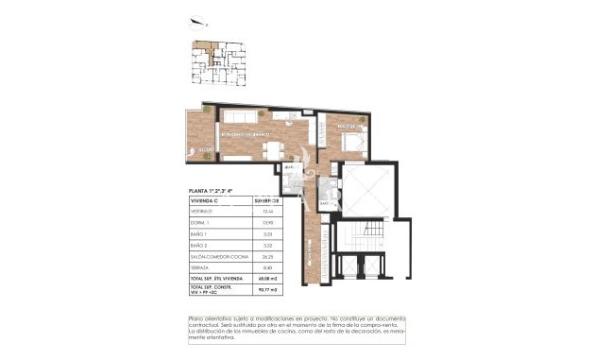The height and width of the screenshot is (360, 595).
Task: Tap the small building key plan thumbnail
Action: click(x=216, y=64)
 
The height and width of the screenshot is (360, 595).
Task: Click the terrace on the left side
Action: click(x=200, y=132)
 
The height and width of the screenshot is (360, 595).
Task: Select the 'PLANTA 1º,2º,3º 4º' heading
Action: click(x=215, y=191)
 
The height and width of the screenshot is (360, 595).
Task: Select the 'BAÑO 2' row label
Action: click(x=201, y=246)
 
